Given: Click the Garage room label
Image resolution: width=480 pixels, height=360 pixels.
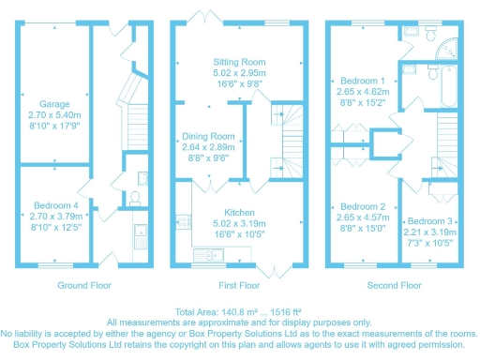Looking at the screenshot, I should point(54,104).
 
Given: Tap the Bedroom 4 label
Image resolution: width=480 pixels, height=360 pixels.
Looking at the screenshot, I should point(54,204).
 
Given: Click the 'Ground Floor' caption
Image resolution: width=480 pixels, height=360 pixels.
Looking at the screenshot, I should point(85,284).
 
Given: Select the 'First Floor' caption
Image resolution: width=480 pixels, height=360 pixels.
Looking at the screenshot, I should point(238,284).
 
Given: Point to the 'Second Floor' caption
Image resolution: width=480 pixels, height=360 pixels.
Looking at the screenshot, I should point(394,284).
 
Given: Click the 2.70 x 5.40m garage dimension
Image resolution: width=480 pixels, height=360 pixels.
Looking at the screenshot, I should point(54,114).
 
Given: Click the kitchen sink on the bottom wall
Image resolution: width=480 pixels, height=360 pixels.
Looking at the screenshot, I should point(205,254).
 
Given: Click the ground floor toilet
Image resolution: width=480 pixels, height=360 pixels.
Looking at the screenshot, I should point(133,199).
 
